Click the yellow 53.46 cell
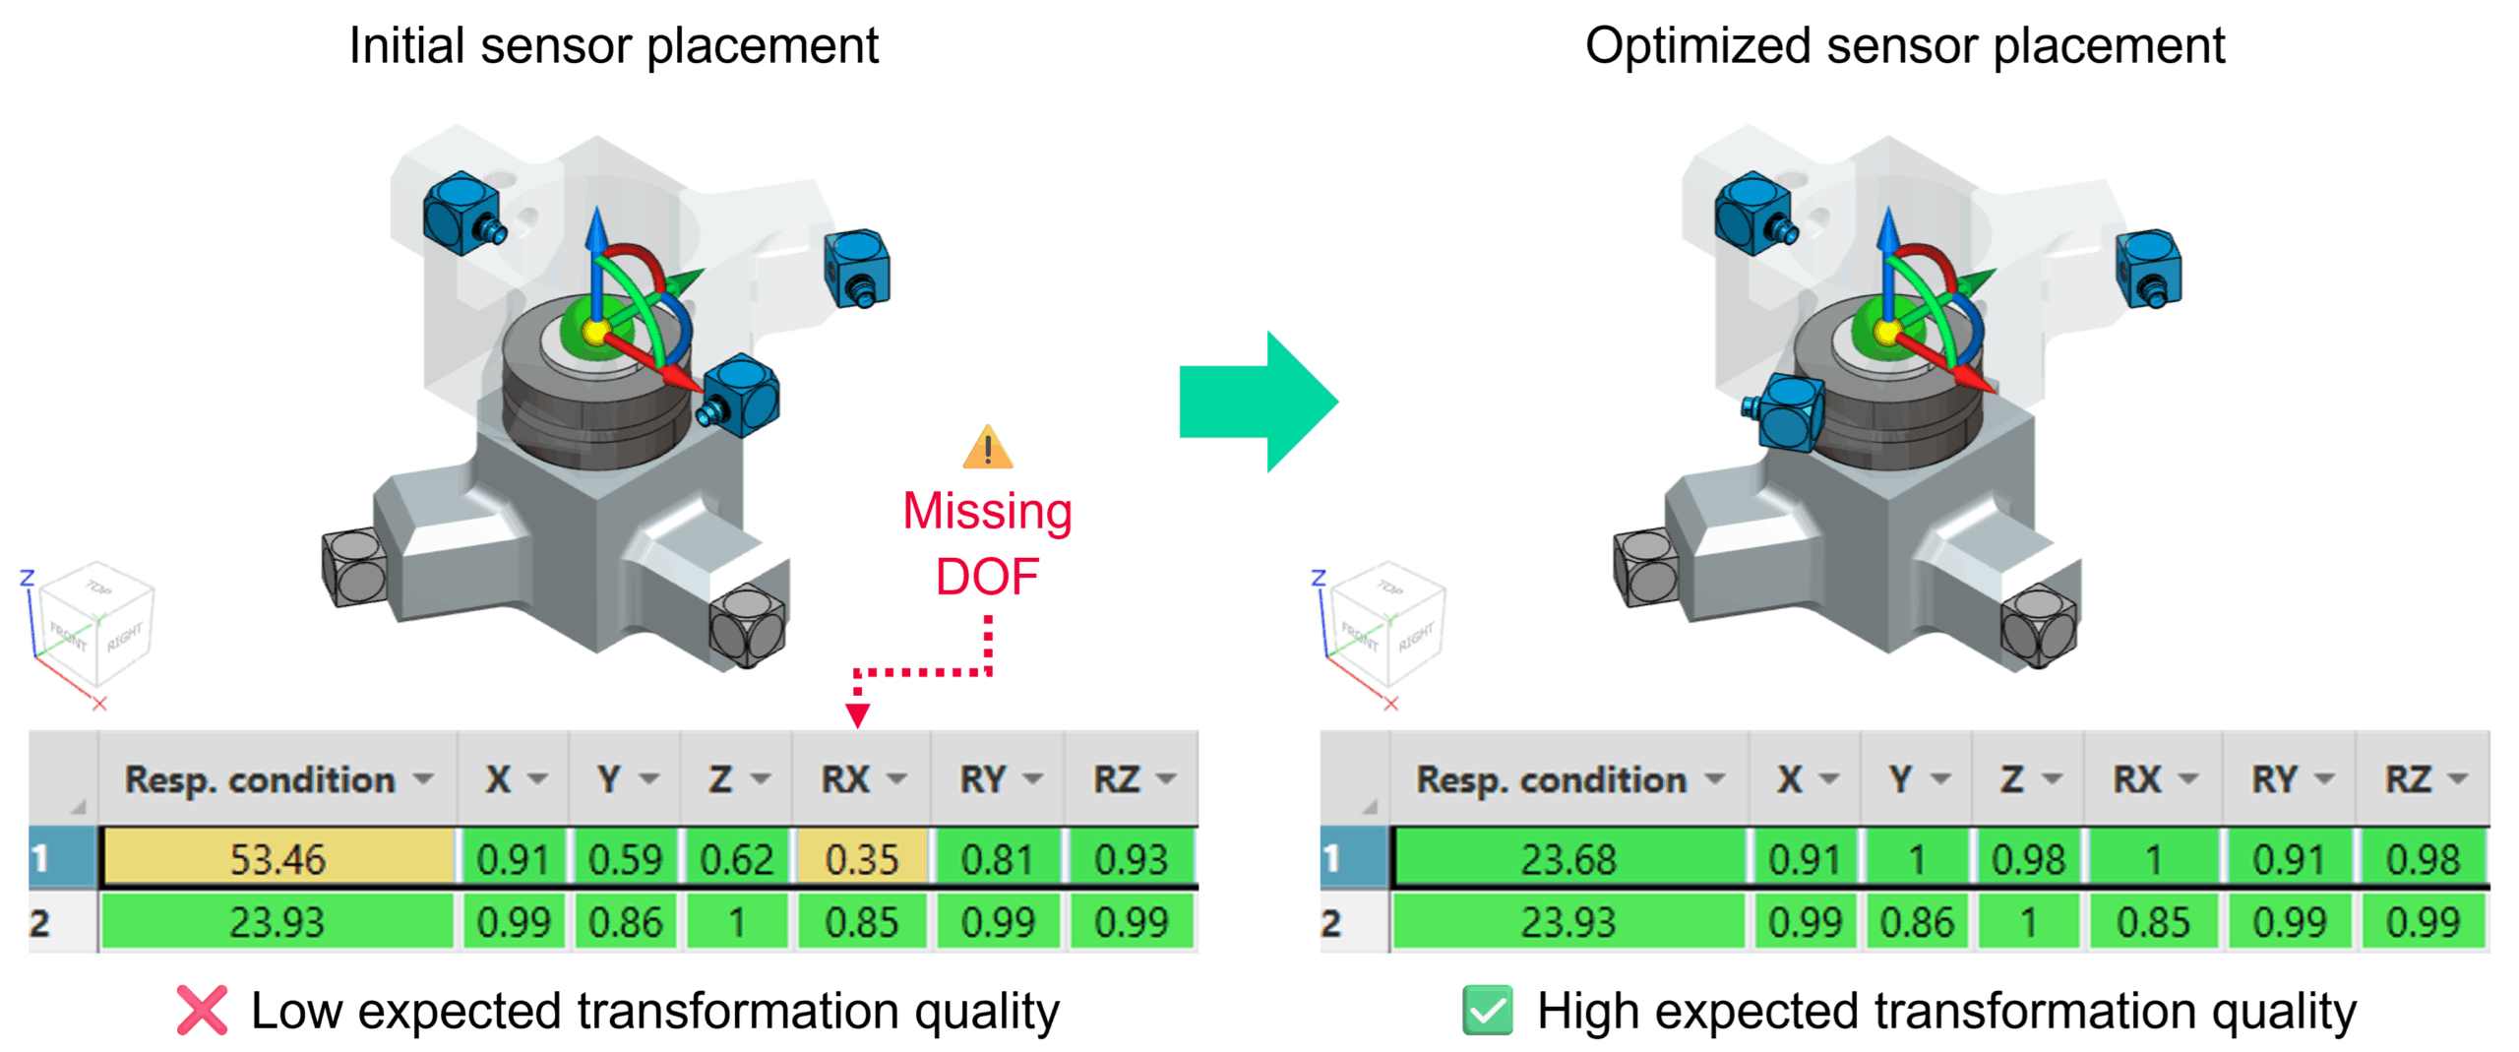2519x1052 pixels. [x=276, y=858]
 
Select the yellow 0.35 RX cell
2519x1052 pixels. [x=861, y=858]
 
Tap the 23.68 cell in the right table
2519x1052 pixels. [x=1567, y=858]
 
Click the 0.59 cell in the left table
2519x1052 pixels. [x=625, y=858]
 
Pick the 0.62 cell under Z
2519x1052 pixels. [x=736, y=858]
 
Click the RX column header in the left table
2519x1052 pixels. [x=846, y=779]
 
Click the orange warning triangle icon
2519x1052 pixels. [x=987, y=448]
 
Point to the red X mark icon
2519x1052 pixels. [x=202, y=1010]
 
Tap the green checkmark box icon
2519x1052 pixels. [x=1487, y=1010]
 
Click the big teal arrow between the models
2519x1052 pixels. [x=1259, y=401]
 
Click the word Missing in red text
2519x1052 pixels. [x=987, y=512]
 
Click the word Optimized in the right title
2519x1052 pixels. [x=1697, y=45]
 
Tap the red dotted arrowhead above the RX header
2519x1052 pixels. [x=857, y=715]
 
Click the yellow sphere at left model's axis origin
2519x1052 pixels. [x=594, y=332]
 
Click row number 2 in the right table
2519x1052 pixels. [x=1331, y=922]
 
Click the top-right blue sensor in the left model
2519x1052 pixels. [x=857, y=268]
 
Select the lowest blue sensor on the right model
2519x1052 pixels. [x=1789, y=414]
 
